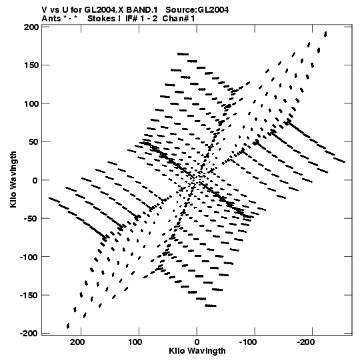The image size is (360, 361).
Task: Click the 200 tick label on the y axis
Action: (31, 27)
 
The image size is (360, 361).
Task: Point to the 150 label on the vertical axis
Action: (31, 65)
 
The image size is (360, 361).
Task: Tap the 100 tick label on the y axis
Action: (31, 104)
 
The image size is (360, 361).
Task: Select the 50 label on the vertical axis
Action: (33, 142)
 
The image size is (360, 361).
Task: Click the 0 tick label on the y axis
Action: (35, 180)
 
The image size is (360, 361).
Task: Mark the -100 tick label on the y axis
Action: (29, 257)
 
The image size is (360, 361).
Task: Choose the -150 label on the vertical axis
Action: (29, 296)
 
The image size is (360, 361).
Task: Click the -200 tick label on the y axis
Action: (29, 334)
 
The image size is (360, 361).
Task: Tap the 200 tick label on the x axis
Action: (77, 342)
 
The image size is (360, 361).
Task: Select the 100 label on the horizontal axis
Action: (135, 342)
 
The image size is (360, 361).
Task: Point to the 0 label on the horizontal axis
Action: (197, 342)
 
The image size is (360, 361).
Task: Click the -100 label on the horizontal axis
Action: (248, 342)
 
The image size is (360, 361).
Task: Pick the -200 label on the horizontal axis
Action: (306, 342)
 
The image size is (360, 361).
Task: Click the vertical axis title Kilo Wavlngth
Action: (13, 179)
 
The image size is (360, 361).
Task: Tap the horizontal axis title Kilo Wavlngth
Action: (197, 351)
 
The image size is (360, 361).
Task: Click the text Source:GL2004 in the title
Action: (197, 9)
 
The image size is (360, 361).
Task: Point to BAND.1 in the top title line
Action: (142, 9)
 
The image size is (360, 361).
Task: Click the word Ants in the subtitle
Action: (51, 19)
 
